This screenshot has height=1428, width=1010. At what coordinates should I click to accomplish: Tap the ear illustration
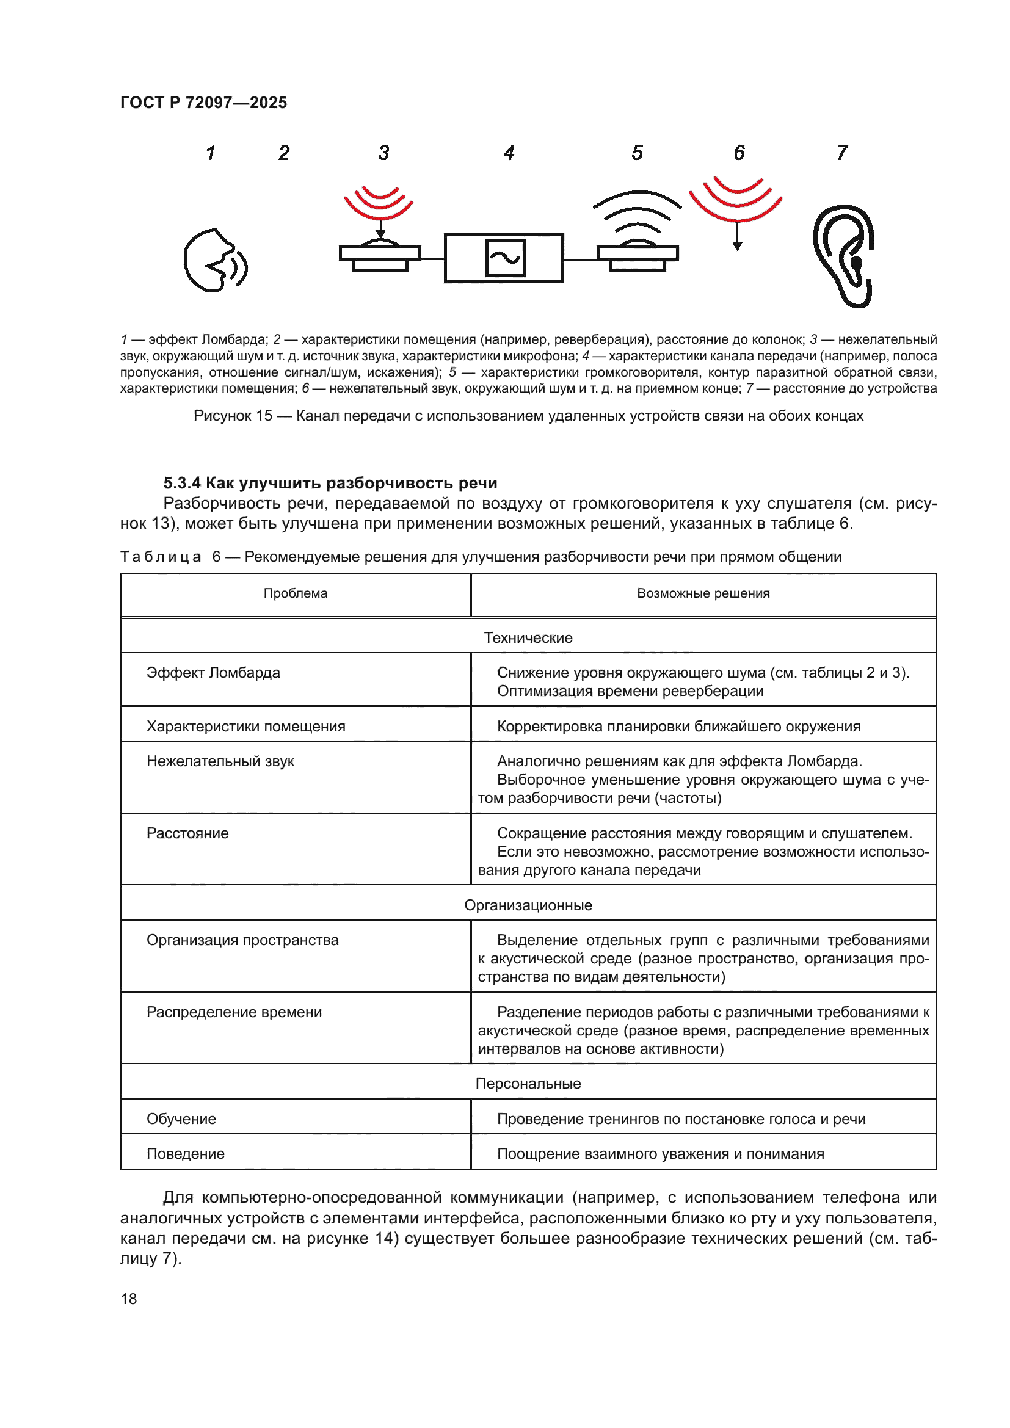pyautogui.click(x=845, y=256)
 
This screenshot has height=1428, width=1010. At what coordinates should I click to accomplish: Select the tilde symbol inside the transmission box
pyautogui.click(x=504, y=258)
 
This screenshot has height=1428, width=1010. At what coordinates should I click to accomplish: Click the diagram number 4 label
pyautogui.click(x=509, y=153)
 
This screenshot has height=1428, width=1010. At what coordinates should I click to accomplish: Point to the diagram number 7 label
pyautogui.click(x=841, y=153)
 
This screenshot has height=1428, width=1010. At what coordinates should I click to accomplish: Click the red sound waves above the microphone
pyautogui.click(x=379, y=202)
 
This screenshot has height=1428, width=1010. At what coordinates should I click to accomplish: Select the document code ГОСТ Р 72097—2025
pyautogui.click(x=203, y=103)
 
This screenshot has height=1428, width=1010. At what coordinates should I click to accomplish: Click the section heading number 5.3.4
pyautogui.click(x=181, y=484)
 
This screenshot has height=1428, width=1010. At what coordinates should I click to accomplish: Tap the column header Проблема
pyautogui.click(x=296, y=593)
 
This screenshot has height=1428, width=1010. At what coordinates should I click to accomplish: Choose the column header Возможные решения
pyautogui.click(x=703, y=593)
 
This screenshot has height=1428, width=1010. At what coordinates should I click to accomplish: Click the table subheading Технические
pyautogui.click(x=528, y=637)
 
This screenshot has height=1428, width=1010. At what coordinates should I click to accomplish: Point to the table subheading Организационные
pyautogui.click(x=528, y=905)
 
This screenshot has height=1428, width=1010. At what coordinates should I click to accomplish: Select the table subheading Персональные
pyautogui.click(x=528, y=1084)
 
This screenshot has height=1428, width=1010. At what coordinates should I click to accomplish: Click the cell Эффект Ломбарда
pyautogui.click(x=213, y=672)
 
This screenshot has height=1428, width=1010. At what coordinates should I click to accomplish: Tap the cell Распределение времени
pyautogui.click(x=234, y=1012)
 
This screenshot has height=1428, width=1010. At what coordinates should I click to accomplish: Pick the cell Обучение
pyautogui.click(x=181, y=1119)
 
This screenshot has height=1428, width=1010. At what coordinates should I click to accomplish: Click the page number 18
pyautogui.click(x=129, y=1299)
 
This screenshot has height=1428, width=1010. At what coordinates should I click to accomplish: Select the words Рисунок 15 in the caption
pyautogui.click(x=233, y=416)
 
